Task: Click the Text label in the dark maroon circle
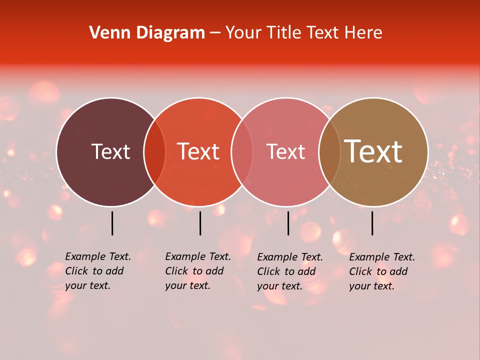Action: pyautogui.click(x=110, y=151)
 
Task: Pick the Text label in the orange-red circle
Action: pyautogui.click(x=198, y=151)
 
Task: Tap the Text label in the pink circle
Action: pyautogui.click(x=285, y=151)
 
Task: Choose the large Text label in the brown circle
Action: pyautogui.click(x=373, y=151)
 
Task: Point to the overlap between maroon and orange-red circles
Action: pyautogui.click(x=154, y=152)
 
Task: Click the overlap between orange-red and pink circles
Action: pyautogui.click(x=242, y=152)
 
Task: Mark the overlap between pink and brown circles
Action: pyautogui.click(x=329, y=152)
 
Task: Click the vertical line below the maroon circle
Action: pyautogui.click(x=112, y=223)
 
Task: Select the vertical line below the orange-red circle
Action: pyautogui.click(x=200, y=223)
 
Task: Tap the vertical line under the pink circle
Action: pyautogui.click(x=288, y=223)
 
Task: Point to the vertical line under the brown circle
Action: pyautogui.click(x=372, y=223)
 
